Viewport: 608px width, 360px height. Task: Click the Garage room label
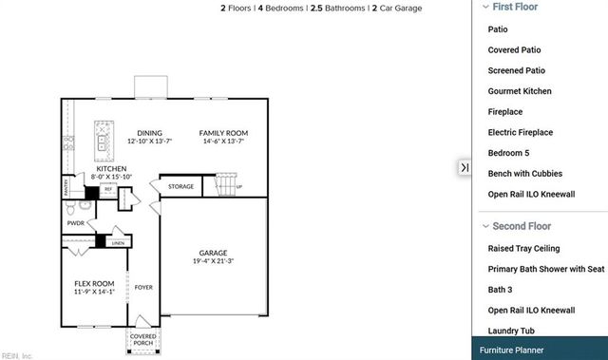click(x=212, y=254)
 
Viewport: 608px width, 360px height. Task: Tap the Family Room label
click(x=223, y=133)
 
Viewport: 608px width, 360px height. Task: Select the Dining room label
click(x=149, y=133)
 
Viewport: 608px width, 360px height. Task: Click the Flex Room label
click(x=94, y=283)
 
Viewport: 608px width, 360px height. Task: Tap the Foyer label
click(x=143, y=287)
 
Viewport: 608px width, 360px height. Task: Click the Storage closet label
click(x=180, y=187)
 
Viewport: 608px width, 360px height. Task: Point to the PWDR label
click(x=76, y=224)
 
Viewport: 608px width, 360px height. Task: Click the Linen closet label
click(x=118, y=243)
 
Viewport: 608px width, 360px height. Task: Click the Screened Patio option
click(x=516, y=70)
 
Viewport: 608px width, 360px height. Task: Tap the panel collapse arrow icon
click(x=465, y=167)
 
